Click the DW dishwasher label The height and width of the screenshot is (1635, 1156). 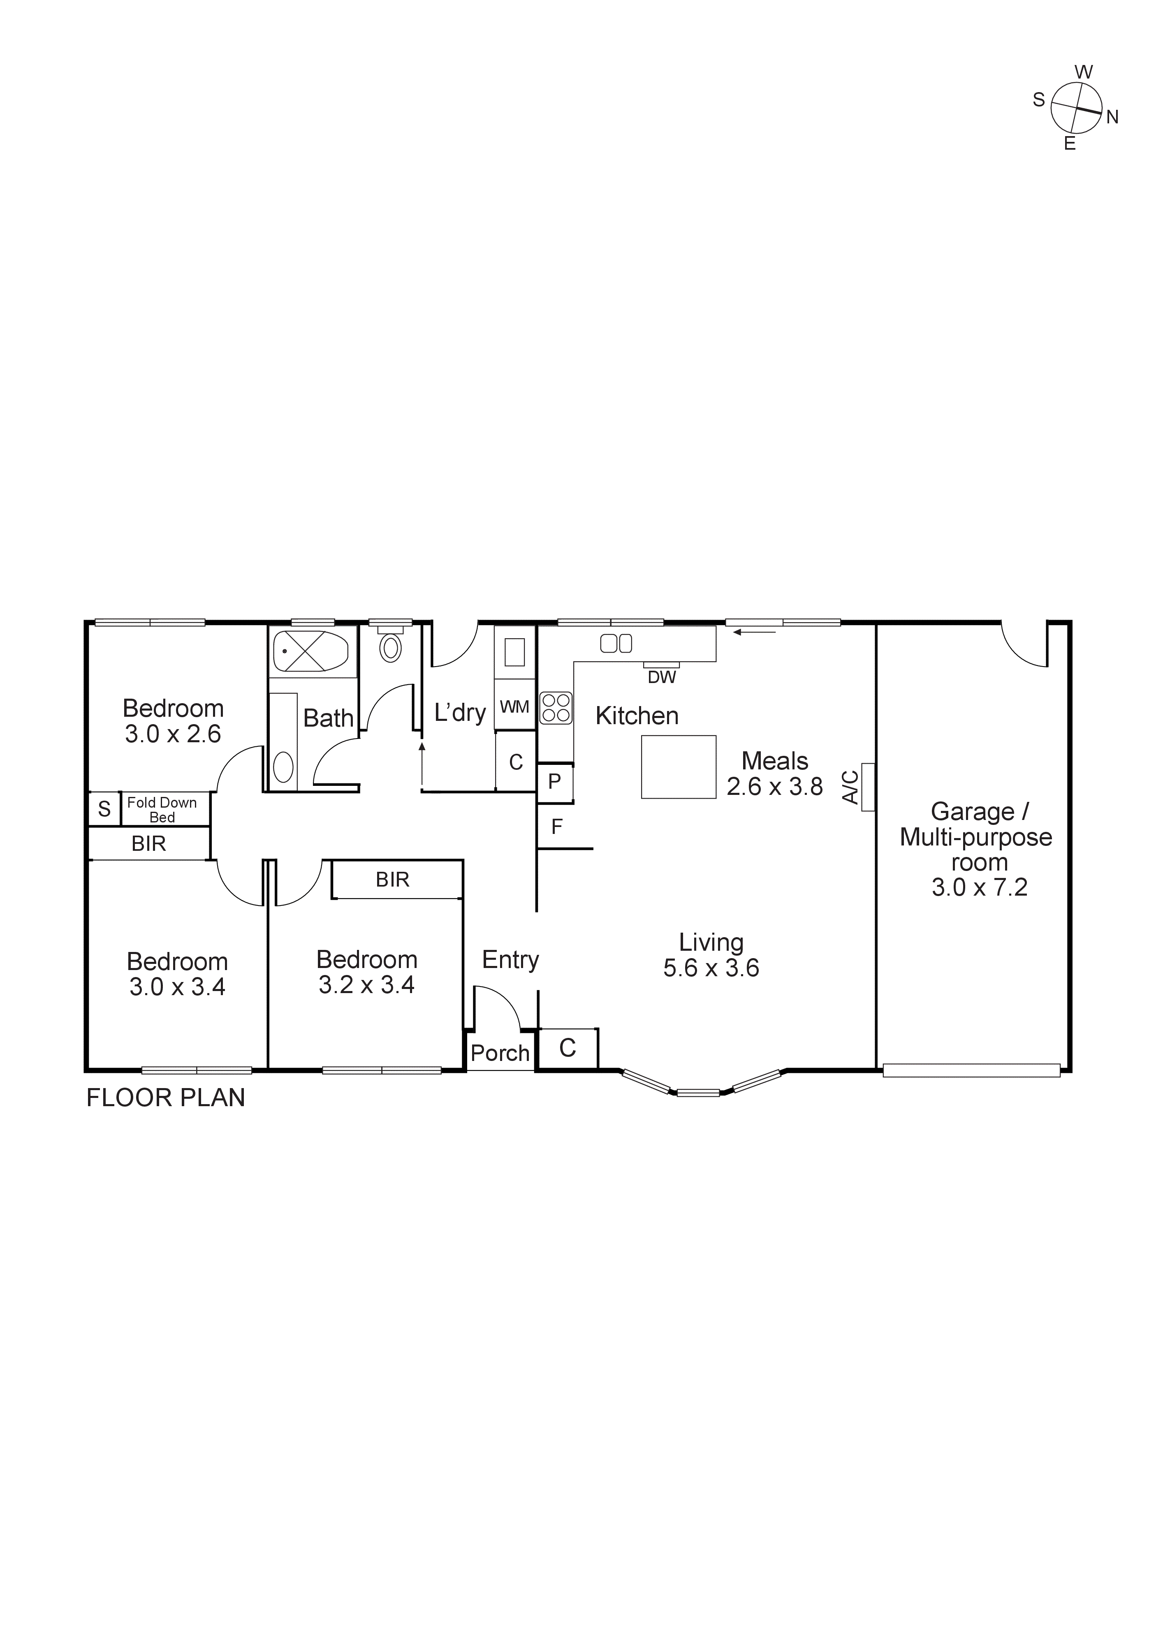pos(662,677)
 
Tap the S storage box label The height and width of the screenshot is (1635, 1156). pos(104,809)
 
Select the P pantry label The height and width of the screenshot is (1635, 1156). pos(554,781)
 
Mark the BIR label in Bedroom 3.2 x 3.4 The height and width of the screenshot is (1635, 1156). pos(392,880)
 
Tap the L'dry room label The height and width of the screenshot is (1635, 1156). pos(460,713)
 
